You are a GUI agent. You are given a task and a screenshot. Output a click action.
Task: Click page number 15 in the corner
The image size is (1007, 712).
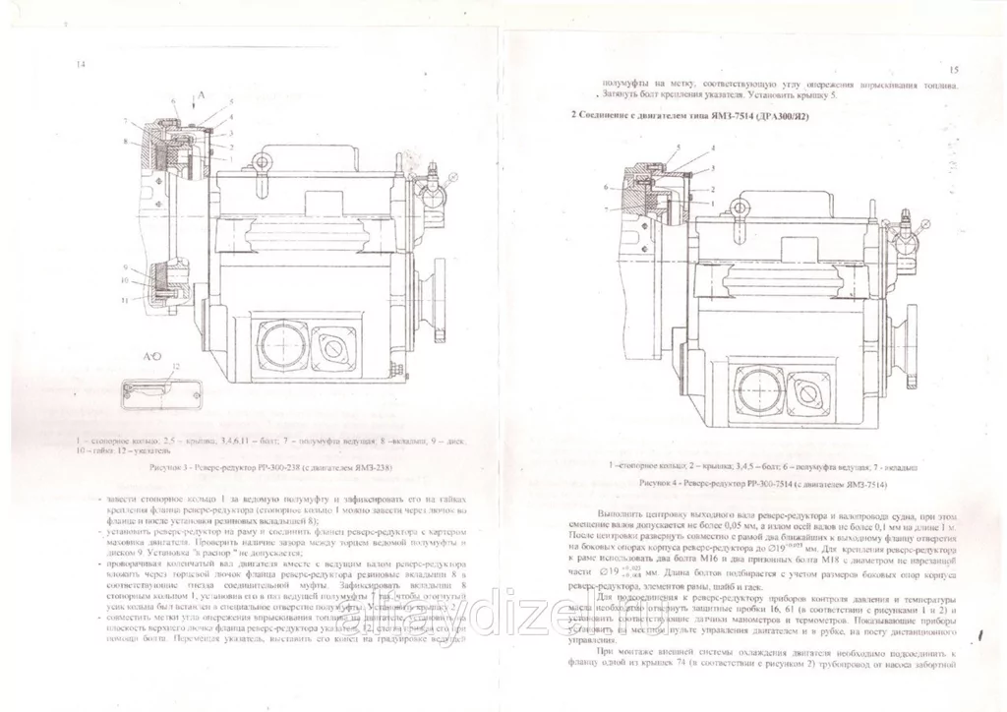tap(955, 71)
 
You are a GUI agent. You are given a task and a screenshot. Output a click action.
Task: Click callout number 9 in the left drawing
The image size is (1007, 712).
tap(127, 267)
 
